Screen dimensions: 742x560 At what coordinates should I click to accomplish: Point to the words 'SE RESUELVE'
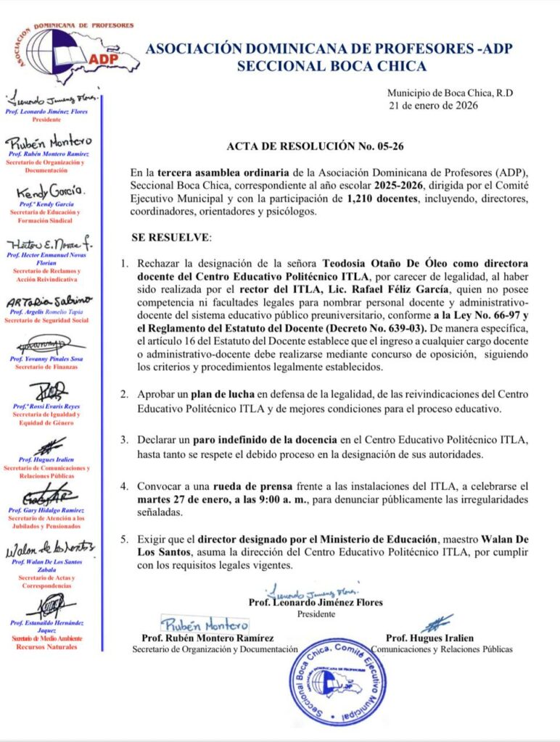pos(171,237)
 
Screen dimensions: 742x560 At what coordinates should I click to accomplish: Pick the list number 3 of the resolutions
pos(124,440)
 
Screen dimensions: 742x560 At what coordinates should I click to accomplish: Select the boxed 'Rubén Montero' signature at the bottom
pos(205,624)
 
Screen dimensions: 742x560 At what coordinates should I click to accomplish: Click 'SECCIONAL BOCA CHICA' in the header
pos(332,67)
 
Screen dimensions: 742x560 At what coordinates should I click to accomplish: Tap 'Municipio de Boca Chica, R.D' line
pos(450,93)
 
